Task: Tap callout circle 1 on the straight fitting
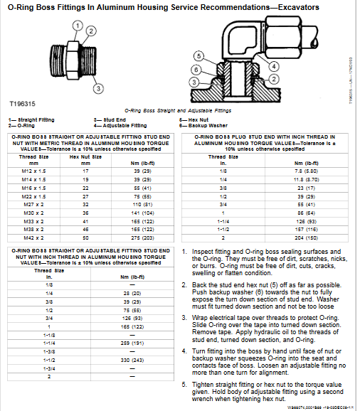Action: coord(75,23)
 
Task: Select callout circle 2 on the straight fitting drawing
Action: coord(90,32)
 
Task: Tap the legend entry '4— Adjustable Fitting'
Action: coord(118,124)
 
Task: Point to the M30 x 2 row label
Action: coord(32,211)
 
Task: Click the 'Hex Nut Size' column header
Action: coord(85,156)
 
